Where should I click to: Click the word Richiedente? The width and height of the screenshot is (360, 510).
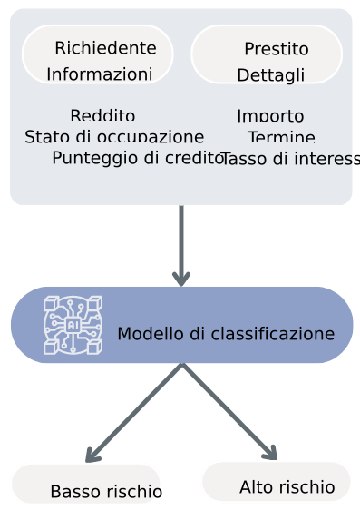click(x=105, y=48)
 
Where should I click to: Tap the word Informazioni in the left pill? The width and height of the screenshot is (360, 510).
click(x=99, y=74)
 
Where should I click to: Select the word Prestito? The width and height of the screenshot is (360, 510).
click(x=276, y=49)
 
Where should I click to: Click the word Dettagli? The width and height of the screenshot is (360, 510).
click(x=270, y=75)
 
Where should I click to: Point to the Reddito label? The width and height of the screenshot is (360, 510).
click(x=102, y=115)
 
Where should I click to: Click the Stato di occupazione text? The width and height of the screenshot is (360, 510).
click(x=114, y=137)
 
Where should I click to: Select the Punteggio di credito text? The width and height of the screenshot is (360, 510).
click(x=137, y=158)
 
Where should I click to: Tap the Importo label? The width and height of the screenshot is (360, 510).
click(x=270, y=116)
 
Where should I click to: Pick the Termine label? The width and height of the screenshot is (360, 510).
click(x=281, y=138)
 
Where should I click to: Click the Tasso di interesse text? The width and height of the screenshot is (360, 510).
click(x=289, y=160)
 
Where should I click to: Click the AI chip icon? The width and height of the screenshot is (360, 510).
click(x=73, y=324)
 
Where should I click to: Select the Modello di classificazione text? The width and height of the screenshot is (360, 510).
click(x=226, y=334)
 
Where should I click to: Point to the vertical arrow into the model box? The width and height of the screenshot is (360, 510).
click(x=181, y=245)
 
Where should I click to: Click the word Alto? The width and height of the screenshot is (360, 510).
click(x=255, y=487)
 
